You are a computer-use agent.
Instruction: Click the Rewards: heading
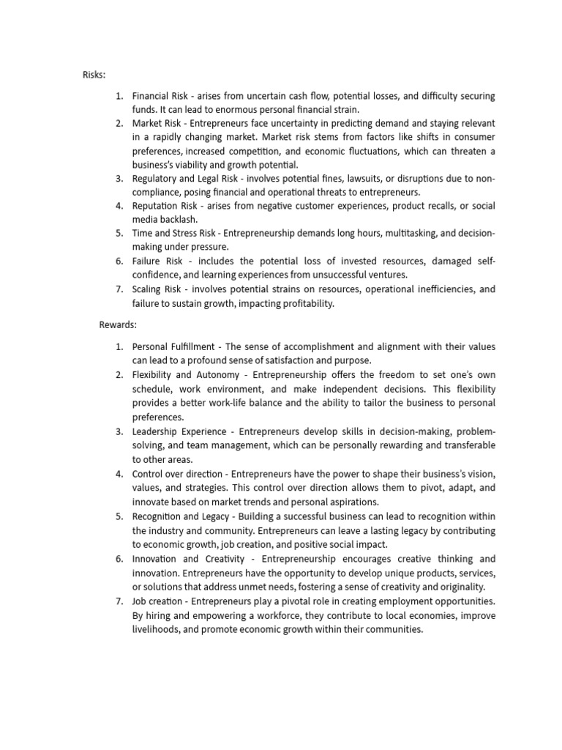118,324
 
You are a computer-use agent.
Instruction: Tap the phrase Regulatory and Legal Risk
187,178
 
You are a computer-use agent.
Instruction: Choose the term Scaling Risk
156,289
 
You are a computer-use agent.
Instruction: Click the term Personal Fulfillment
173,346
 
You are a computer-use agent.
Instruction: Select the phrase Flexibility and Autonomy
185,374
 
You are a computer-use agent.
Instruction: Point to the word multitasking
394,234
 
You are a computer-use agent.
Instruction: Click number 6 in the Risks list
119,261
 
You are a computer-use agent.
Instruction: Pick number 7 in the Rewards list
119,601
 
